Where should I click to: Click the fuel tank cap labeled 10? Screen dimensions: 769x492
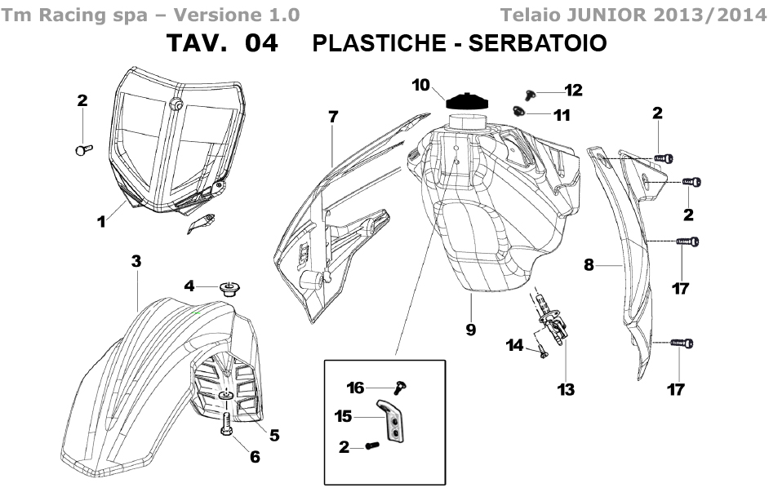[468, 102]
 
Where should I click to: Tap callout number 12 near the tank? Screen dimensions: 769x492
[573, 91]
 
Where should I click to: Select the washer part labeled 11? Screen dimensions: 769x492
[519, 112]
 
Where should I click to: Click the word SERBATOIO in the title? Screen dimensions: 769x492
[538, 43]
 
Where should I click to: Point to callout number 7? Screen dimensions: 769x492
[333, 117]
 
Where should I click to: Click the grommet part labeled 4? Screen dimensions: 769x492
[229, 288]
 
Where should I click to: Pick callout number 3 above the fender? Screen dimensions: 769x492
[136, 261]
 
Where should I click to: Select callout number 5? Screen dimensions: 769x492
[274, 435]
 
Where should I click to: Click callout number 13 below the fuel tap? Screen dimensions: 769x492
[566, 389]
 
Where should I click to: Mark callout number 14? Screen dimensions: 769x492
[514, 345]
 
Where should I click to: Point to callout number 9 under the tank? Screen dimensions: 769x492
[471, 330]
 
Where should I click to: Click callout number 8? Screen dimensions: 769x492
[589, 265]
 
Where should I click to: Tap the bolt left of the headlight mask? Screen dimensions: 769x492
[84, 149]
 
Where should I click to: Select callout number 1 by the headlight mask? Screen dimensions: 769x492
[101, 221]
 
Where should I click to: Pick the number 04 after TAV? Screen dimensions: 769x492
[261, 43]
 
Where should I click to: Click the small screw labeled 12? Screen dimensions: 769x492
[530, 94]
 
